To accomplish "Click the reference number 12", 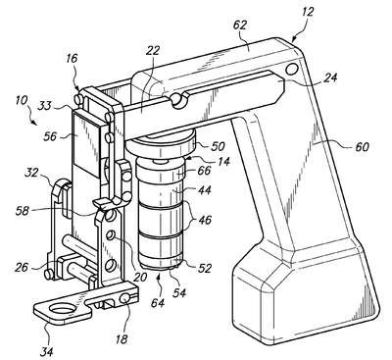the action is (307, 12).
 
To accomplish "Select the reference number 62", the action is (240, 26).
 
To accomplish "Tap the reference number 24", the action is (330, 77).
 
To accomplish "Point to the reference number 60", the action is (361, 146).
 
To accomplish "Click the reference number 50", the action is (218, 146).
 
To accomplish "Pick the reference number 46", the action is (204, 220).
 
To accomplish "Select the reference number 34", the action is (47, 351).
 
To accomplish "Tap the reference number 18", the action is (122, 339).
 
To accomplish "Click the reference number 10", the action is (22, 100).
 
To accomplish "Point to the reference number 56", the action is (52, 136).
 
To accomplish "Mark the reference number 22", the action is (153, 51).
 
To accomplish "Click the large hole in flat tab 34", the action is (64, 309).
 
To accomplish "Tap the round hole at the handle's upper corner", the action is (292, 69).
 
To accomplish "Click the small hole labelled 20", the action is (112, 235).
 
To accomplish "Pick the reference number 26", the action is (23, 268).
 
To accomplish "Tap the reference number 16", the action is (72, 59).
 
